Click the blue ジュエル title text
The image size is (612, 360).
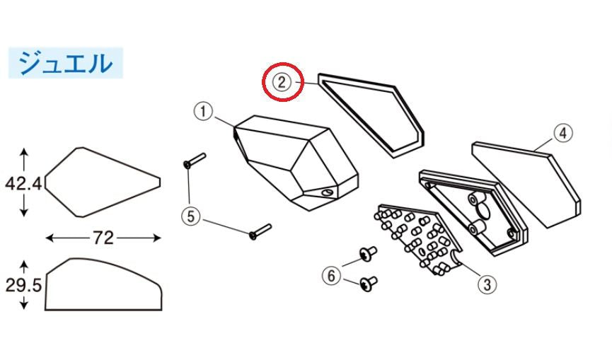(x=66, y=63)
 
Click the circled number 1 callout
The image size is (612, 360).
(x=203, y=112)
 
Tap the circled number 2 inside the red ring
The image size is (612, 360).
(x=282, y=82)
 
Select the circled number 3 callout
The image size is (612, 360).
(x=487, y=284)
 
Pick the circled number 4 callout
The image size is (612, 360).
(x=562, y=133)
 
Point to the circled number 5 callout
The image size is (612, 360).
(x=191, y=216)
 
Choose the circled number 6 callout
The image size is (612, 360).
(x=331, y=276)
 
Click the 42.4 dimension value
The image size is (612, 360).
(x=23, y=184)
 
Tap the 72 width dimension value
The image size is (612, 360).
(x=103, y=238)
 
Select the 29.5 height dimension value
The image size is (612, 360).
(x=23, y=286)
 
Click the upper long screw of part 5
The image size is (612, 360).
(x=195, y=161)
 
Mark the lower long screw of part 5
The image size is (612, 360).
(x=260, y=232)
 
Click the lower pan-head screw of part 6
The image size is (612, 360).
(x=369, y=284)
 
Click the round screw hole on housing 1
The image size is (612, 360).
(x=327, y=192)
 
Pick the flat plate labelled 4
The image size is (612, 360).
(x=526, y=185)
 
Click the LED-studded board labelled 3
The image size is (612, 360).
(x=417, y=238)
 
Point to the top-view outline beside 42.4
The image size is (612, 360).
(x=103, y=182)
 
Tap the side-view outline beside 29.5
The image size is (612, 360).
(x=103, y=284)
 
